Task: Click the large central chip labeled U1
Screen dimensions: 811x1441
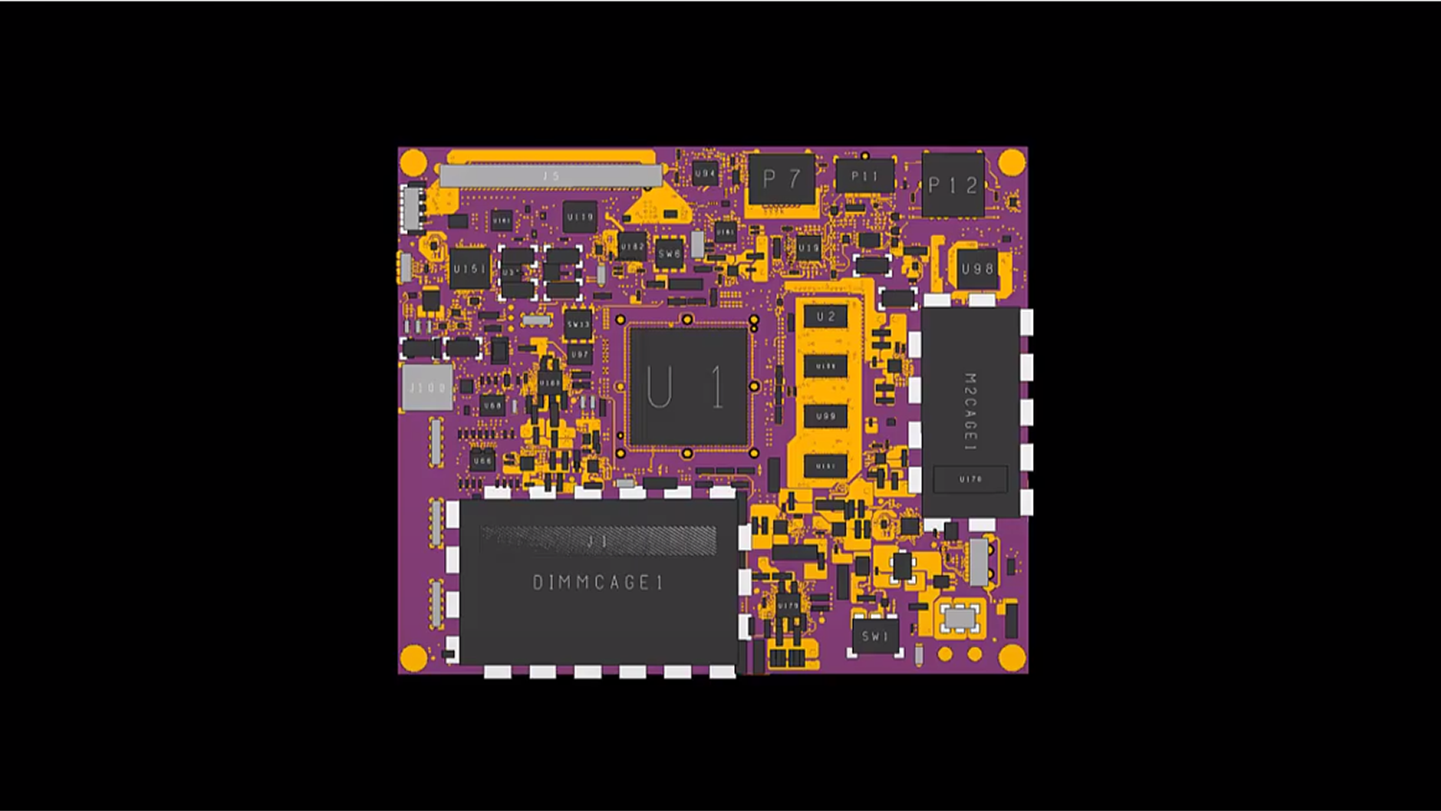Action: pyautogui.click(x=689, y=387)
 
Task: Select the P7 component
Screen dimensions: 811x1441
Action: pyautogui.click(x=781, y=179)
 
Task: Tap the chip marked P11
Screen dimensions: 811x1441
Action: pyautogui.click(x=865, y=177)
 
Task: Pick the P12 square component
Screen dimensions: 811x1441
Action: pyautogui.click(x=953, y=186)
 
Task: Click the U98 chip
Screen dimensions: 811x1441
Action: pyautogui.click(x=976, y=269)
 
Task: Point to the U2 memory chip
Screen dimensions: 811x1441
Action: pyautogui.click(x=826, y=317)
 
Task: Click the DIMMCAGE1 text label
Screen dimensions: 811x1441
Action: pyautogui.click(x=598, y=583)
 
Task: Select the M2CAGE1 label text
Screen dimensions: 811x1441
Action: pyautogui.click(x=970, y=412)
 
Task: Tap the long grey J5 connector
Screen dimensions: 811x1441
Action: pyautogui.click(x=551, y=176)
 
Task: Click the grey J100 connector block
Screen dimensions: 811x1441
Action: pyautogui.click(x=427, y=387)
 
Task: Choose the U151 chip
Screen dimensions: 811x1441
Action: pyautogui.click(x=469, y=269)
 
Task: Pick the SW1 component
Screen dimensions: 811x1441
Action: pyautogui.click(x=875, y=636)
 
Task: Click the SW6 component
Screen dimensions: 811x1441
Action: pyautogui.click(x=669, y=254)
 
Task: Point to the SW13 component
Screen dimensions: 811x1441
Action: pyautogui.click(x=578, y=324)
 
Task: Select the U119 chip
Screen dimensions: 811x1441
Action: pyautogui.click(x=580, y=217)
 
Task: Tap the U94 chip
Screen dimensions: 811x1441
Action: pyautogui.click(x=704, y=173)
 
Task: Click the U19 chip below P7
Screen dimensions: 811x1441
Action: pyautogui.click(x=808, y=247)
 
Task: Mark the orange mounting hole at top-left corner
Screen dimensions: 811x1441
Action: pyautogui.click(x=413, y=163)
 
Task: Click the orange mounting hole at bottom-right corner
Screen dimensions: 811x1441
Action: pyautogui.click(x=1011, y=657)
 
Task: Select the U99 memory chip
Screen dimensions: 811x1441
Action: pyautogui.click(x=826, y=416)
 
